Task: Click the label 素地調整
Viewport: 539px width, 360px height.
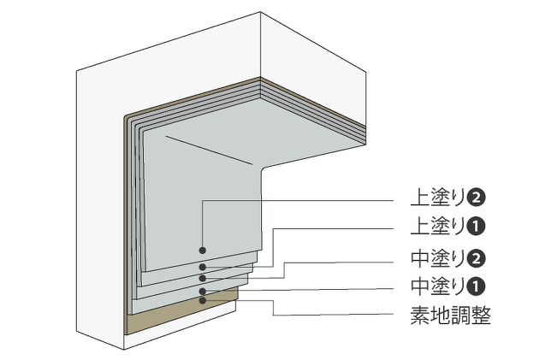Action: pos(451,316)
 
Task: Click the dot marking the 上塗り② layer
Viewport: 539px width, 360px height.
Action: pos(203,251)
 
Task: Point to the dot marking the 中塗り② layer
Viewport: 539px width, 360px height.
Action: pos(203,278)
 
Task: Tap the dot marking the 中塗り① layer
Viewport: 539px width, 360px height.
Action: pos(203,292)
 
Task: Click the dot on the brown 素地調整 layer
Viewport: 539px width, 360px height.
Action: pos(203,299)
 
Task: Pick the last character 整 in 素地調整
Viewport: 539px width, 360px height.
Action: pos(481,316)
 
